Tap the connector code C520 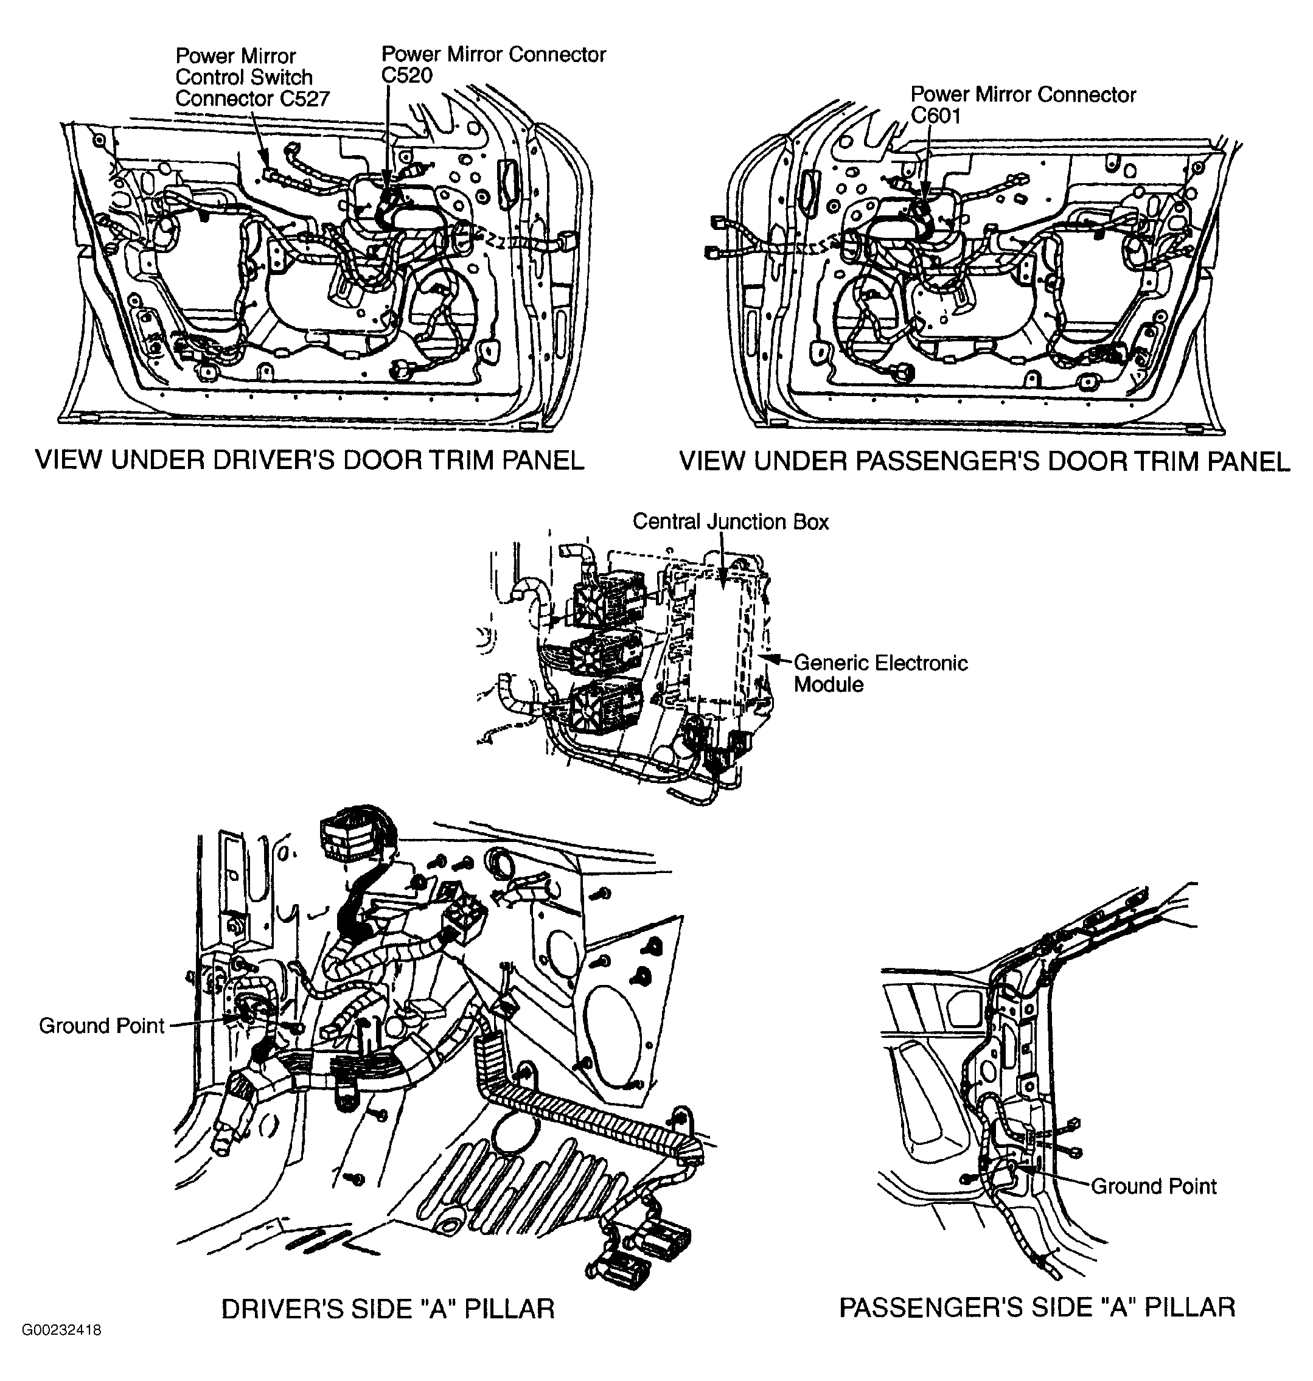point(406,75)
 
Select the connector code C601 point(935,116)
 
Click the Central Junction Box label point(730,522)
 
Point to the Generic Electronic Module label point(880,673)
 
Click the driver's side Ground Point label point(102,1026)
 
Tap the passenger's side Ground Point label point(1154,1186)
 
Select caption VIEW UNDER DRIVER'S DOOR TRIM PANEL point(309,461)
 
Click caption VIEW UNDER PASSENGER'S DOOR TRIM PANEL point(984,461)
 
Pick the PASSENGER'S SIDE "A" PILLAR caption point(1037,1307)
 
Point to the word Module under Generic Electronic point(829,684)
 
